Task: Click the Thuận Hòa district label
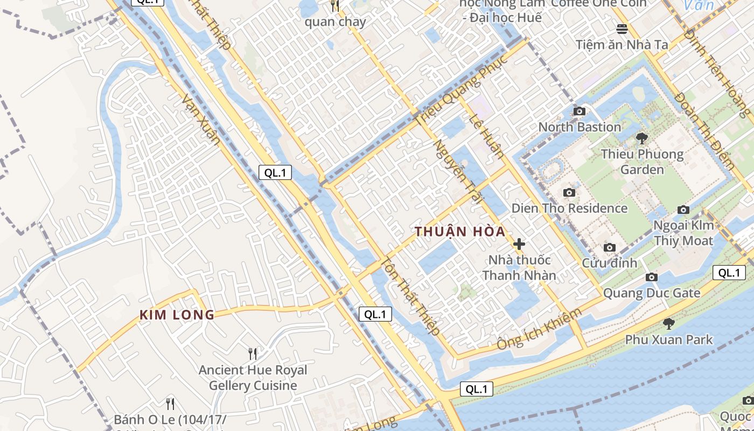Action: click(x=460, y=232)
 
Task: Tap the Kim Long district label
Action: click(x=177, y=315)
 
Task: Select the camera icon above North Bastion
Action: click(x=580, y=111)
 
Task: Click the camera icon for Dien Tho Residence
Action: click(x=569, y=192)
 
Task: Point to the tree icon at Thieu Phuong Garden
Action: click(x=641, y=138)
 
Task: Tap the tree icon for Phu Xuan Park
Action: click(x=668, y=324)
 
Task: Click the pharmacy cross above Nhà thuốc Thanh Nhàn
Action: click(x=519, y=244)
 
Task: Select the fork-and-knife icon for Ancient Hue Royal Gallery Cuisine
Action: click(x=252, y=354)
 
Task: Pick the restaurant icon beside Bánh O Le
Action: click(x=170, y=404)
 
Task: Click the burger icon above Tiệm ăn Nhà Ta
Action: click(x=622, y=29)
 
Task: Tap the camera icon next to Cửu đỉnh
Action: click(x=609, y=247)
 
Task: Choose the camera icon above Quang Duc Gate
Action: click(x=652, y=277)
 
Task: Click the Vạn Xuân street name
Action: click(x=201, y=120)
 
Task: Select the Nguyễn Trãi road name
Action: click(x=457, y=170)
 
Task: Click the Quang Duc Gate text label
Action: click(x=652, y=293)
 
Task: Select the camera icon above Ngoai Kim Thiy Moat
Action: click(x=683, y=210)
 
